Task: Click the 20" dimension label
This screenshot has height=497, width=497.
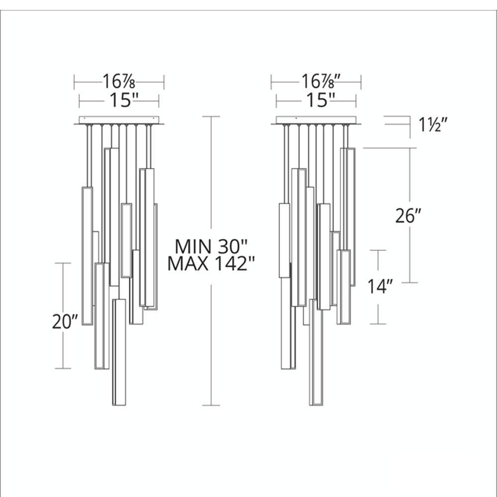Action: [x=65, y=322]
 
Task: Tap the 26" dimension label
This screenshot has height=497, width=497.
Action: [x=408, y=216]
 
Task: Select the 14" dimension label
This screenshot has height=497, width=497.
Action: [x=380, y=287]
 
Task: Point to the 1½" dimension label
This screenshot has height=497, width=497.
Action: [x=433, y=125]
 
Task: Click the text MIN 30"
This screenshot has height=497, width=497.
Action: [x=211, y=247]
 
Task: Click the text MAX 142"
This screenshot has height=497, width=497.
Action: [x=211, y=263]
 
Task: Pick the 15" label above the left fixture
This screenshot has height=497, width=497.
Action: [x=124, y=100]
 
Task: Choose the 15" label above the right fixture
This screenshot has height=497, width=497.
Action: [x=321, y=100]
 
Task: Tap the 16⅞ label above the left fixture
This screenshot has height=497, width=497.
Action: [x=119, y=82]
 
